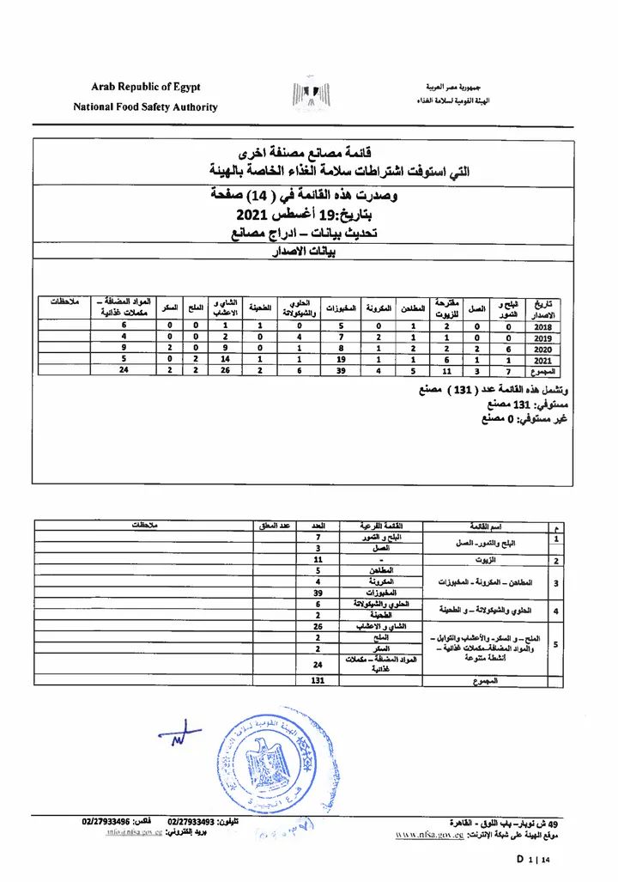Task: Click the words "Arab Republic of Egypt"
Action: (x=146, y=87)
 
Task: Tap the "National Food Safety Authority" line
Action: (x=145, y=107)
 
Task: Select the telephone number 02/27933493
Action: (x=191, y=822)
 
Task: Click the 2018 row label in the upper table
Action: (x=542, y=326)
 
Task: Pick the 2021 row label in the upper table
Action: (x=542, y=360)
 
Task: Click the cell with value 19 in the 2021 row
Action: (x=341, y=360)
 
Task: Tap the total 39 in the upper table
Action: (x=341, y=371)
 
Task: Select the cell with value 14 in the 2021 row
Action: (x=225, y=360)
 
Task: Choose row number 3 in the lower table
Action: (x=558, y=582)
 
